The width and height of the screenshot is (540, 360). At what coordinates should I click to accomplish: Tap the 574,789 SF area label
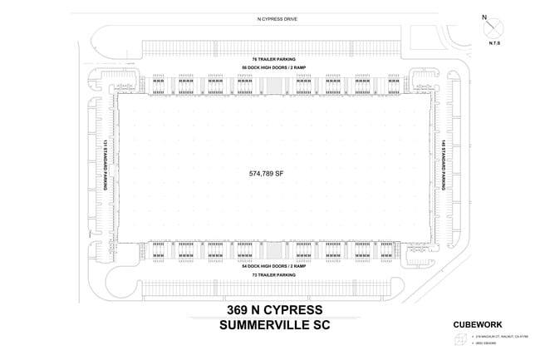(267, 174)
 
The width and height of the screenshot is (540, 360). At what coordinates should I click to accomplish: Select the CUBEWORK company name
(474, 325)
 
